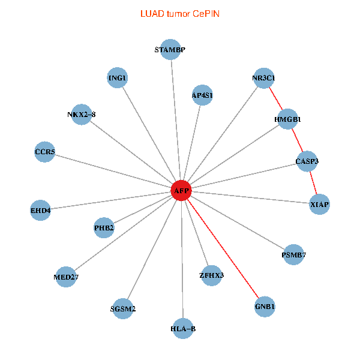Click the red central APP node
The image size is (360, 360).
[181, 191]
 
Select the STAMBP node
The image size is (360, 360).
[170, 50]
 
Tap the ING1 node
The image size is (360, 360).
[117, 78]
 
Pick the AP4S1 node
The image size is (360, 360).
[202, 95]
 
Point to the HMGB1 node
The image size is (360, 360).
[288, 119]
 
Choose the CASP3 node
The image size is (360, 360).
[307, 161]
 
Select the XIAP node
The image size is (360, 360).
[319, 205]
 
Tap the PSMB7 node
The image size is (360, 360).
[293, 255]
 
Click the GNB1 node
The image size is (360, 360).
[265, 307]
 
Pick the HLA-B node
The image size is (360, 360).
[183, 328]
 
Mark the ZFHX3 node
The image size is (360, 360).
[211, 275]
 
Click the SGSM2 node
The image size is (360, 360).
[123, 309]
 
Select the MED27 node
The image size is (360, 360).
[66, 277]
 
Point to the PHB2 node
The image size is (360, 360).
[104, 227]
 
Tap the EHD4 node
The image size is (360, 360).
[40, 211]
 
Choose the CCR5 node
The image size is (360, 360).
[45, 152]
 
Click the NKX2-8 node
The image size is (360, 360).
[82, 114]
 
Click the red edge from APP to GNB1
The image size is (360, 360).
[223, 249]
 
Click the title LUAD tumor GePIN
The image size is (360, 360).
[179, 13]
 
